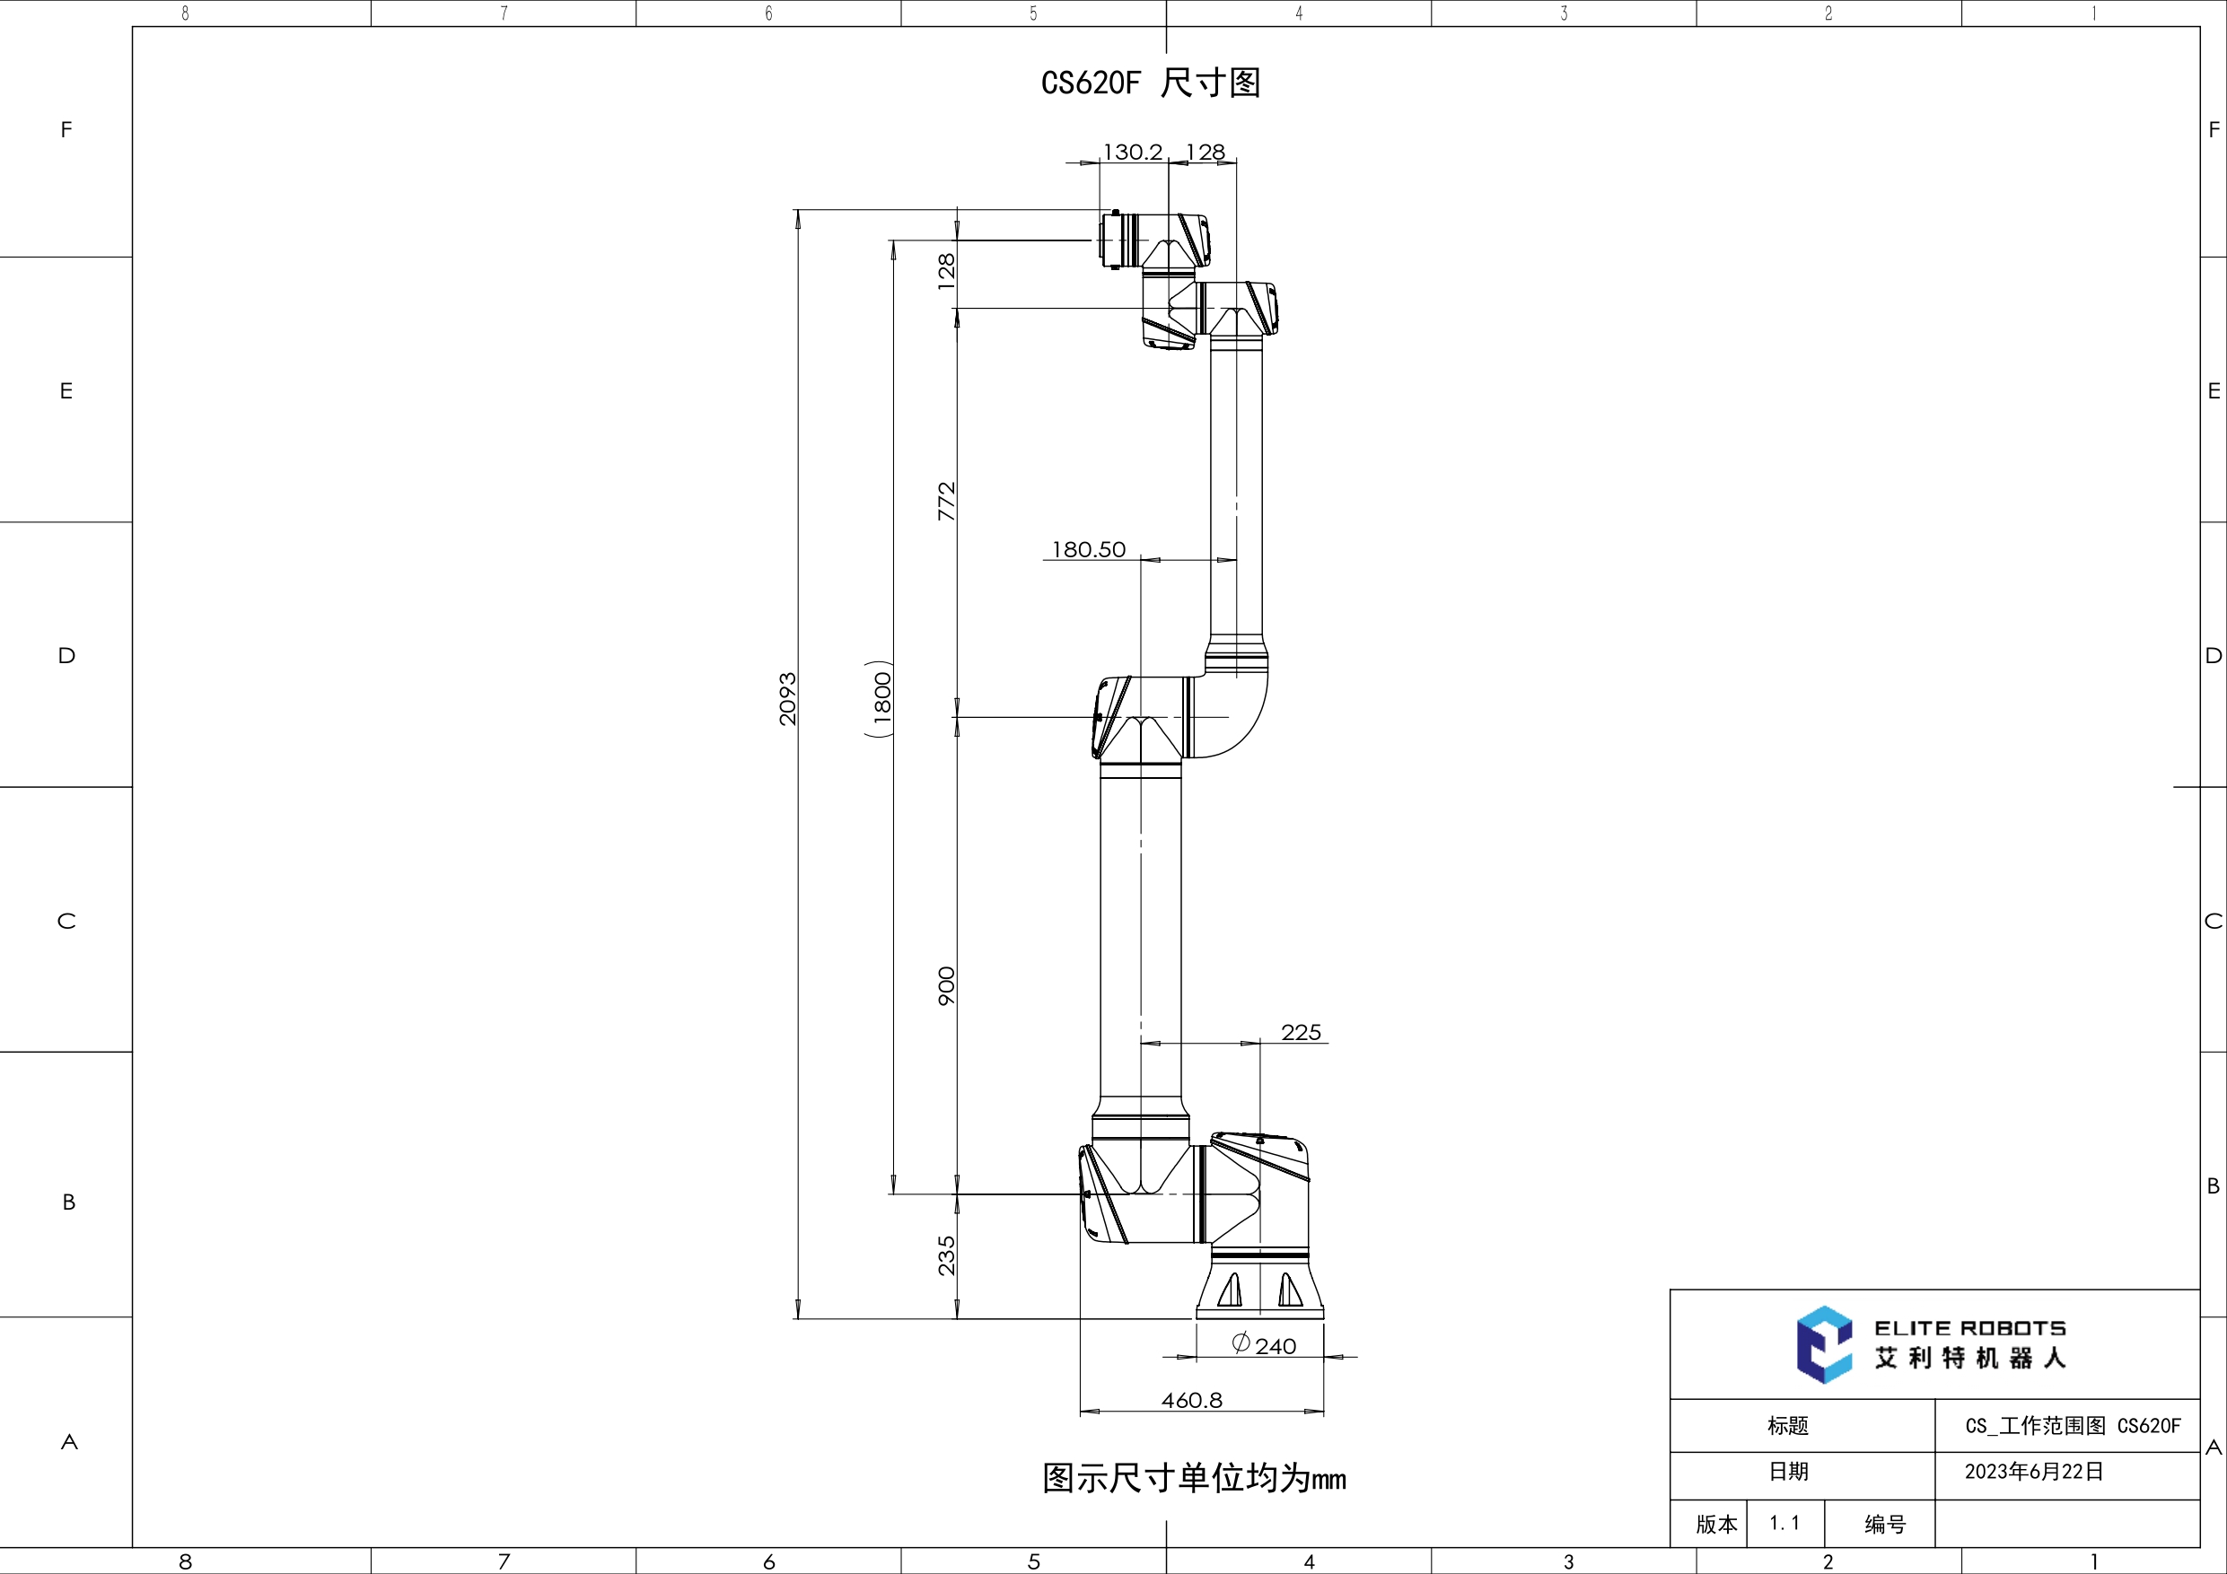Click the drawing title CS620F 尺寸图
pos(1151,83)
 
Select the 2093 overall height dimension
pos(787,698)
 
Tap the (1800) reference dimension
pos(881,698)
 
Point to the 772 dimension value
pos(947,502)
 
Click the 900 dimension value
pos(947,985)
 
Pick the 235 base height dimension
pos(947,1255)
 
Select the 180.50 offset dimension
pos(1088,550)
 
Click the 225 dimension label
pos(1301,1032)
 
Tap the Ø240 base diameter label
pos(1264,1345)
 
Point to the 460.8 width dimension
pos(1192,1399)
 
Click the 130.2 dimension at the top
pos(1132,153)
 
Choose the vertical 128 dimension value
pos(947,272)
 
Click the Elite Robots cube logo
pos(1823,1344)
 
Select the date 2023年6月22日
pos(2034,1471)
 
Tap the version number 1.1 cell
pos(1784,1524)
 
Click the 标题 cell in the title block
pos(1787,1426)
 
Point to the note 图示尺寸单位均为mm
pos(1194,1479)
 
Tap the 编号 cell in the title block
pos(1885,1525)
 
